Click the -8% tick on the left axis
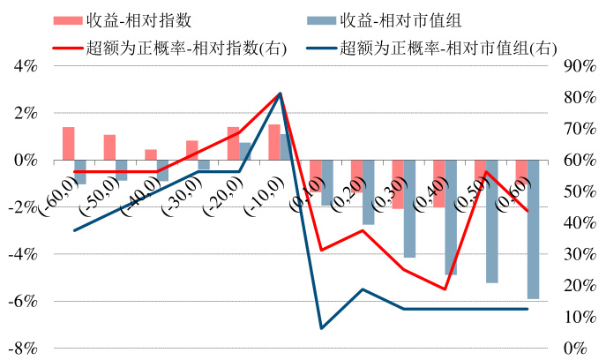(x=24, y=348)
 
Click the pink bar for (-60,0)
(x=68, y=144)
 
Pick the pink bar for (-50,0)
(x=109, y=147)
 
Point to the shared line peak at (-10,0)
(x=280, y=94)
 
